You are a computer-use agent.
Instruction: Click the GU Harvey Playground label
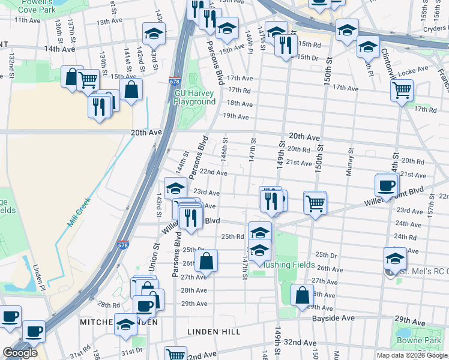point(194,97)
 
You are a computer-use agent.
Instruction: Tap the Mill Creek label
point(79,212)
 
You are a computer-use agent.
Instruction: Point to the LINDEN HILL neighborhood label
point(214,331)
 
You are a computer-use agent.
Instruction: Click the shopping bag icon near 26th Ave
point(206,262)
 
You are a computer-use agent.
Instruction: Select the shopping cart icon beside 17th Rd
point(402,91)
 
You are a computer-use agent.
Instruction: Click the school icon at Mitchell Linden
point(125,325)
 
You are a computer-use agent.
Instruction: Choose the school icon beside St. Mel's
point(395,259)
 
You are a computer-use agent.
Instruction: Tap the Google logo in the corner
point(20,353)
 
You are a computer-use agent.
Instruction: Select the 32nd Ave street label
point(301,342)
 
